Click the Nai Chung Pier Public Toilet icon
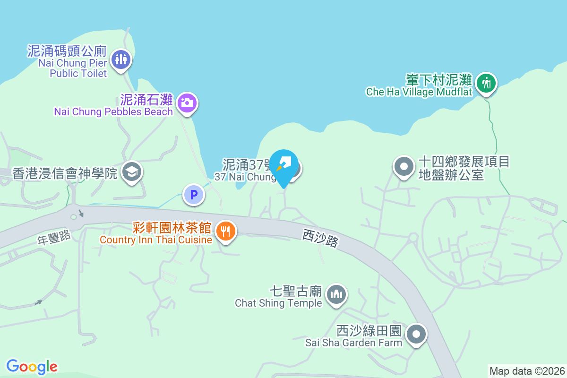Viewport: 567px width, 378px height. (121, 59)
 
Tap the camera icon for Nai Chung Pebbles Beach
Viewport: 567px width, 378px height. (187, 102)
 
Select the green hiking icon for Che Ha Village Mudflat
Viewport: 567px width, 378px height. (485, 84)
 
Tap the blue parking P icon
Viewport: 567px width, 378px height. (193, 194)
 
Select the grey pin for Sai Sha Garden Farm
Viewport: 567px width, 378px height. (416, 334)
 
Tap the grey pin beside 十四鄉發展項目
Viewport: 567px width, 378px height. (404, 166)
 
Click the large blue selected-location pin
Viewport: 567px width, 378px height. (283, 167)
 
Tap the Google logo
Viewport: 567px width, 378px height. (32, 366)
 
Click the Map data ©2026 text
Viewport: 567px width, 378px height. (527, 371)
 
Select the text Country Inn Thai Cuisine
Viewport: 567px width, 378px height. (156, 240)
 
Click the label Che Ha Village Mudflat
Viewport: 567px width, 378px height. (419, 92)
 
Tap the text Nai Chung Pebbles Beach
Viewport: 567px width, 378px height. (113, 112)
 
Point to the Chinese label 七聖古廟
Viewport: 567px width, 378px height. (296, 290)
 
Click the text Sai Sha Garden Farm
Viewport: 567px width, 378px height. (353, 343)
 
